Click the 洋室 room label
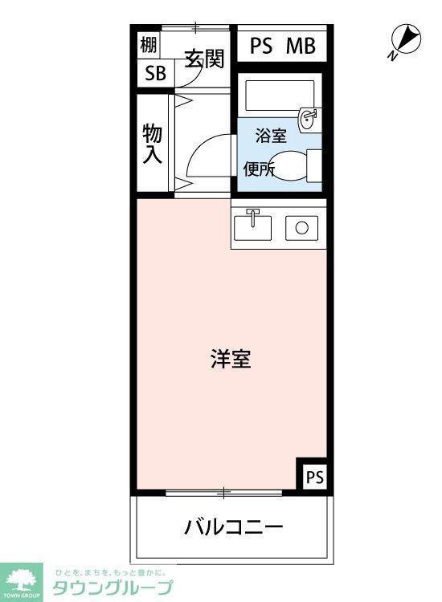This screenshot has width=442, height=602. click(x=231, y=359)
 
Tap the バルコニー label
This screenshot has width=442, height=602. click(x=233, y=527)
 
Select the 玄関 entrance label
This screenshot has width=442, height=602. click(x=203, y=59)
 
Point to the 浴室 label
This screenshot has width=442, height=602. click(x=271, y=136)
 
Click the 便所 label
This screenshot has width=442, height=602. click(x=260, y=169)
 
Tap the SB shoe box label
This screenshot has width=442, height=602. click(x=154, y=73)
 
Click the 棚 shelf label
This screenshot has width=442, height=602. click(x=149, y=45)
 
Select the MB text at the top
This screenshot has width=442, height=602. click(x=301, y=46)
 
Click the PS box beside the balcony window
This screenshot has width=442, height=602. click(x=313, y=476)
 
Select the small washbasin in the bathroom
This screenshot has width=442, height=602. click(x=308, y=119)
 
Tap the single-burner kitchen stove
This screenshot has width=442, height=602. click(x=301, y=227)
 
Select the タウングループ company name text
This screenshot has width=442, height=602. click(x=113, y=588)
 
